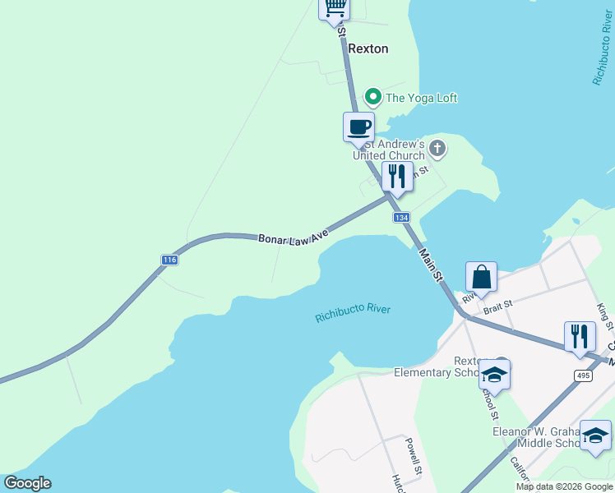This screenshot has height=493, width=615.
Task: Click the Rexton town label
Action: click(368, 48)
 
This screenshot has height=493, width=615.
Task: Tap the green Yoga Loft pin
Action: click(372, 97)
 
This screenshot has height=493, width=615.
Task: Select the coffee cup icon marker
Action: click(358, 127)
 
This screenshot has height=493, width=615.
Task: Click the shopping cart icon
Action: click(335, 7)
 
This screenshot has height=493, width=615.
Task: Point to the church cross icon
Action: click(437, 149)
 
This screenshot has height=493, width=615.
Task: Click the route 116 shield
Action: click(169, 260)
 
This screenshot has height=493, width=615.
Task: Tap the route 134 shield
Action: click(400, 218)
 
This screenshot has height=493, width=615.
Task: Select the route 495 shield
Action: click(583, 376)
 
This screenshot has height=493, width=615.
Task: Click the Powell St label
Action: click(414, 457)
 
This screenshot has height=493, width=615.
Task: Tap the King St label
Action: click(604, 315)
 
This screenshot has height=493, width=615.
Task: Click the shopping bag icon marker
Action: click(481, 277)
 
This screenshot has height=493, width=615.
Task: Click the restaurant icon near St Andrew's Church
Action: click(397, 176)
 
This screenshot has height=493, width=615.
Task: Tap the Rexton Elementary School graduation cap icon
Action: click(494, 375)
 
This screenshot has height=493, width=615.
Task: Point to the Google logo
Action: click(27, 483)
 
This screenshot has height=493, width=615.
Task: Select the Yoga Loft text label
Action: click(421, 98)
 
